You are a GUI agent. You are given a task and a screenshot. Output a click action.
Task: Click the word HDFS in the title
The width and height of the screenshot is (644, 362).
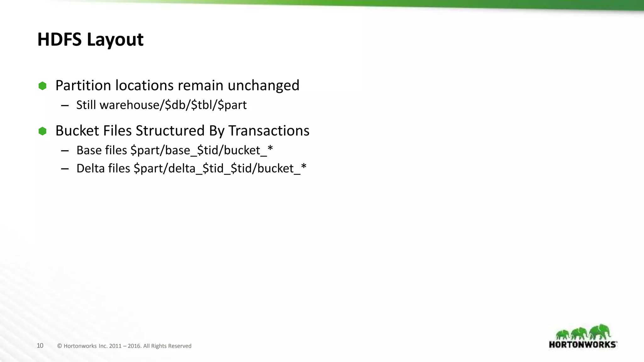[59, 40]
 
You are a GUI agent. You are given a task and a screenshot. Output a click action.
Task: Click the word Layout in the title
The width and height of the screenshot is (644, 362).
[115, 40]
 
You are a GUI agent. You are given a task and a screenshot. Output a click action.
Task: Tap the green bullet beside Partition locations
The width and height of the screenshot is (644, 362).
[42, 86]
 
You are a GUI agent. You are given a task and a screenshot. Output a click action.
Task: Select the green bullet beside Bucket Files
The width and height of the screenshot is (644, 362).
[42, 131]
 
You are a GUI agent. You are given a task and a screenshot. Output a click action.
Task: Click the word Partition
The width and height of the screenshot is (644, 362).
[83, 85]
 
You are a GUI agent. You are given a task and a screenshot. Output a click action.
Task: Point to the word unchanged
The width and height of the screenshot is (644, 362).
[263, 85]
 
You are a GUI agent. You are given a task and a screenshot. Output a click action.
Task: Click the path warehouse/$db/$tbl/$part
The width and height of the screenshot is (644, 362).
[173, 105]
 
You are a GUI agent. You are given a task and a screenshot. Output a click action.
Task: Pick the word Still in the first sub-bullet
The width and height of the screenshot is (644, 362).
[86, 105]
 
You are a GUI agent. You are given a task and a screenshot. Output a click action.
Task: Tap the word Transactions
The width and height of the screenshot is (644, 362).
[269, 131]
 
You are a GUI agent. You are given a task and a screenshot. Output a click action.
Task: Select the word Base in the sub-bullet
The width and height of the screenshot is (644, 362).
[89, 150]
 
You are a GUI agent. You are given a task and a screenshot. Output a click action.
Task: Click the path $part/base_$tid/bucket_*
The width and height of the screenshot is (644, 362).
[202, 150]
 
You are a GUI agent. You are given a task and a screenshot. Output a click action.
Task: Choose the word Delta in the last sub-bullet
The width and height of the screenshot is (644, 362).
[90, 168]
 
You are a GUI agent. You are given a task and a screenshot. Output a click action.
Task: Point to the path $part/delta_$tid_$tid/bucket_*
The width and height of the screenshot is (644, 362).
[220, 168]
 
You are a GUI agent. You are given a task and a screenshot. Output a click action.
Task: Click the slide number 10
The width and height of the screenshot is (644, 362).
[40, 346]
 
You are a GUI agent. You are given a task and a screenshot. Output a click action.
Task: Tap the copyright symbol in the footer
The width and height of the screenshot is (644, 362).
[59, 346]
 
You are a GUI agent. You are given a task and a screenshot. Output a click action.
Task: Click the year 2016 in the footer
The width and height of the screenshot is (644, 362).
[134, 346]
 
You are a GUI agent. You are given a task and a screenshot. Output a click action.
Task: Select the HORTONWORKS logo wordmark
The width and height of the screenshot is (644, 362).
[583, 344]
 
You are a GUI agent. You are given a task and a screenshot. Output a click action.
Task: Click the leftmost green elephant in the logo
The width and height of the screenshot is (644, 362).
[563, 334]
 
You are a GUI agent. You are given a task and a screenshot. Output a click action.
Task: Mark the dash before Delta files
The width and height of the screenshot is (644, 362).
[65, 169]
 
